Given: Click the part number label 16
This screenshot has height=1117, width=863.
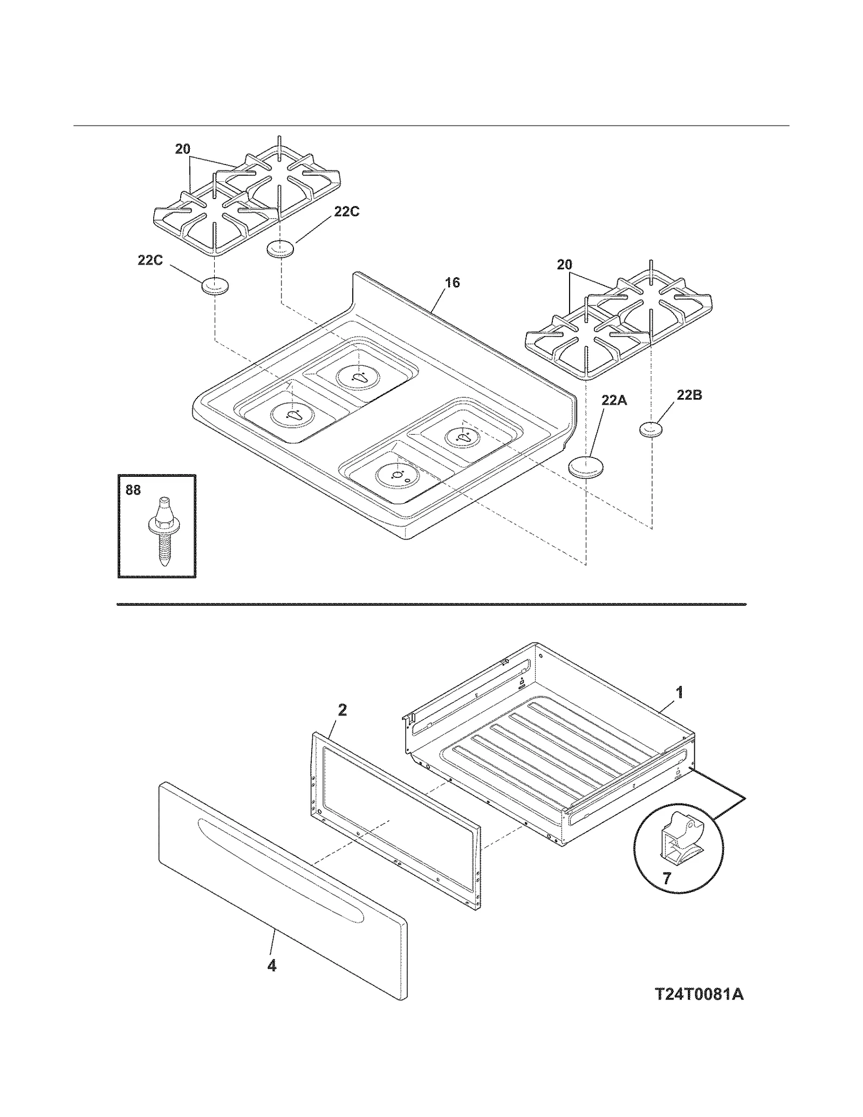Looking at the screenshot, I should click(452, 283).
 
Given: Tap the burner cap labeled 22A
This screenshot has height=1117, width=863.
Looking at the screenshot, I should click(585, 467).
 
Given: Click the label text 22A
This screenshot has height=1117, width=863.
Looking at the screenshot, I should click(614, 400).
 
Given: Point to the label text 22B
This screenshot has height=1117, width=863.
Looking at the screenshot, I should click(689, 395).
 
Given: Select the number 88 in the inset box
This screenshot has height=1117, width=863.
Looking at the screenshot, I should click(133, 490).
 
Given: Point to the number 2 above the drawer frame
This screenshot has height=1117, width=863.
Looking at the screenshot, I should click(342, 710).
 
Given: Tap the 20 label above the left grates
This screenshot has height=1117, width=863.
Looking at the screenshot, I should click(183, 149).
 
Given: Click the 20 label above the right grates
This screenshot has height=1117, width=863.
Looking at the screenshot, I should click(564, 265).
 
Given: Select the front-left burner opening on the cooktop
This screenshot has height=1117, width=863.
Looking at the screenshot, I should click(293, 415).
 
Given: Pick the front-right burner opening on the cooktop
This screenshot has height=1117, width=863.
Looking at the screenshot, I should click(398, 475).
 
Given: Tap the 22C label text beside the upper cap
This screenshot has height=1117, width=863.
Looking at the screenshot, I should click(346, 212).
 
